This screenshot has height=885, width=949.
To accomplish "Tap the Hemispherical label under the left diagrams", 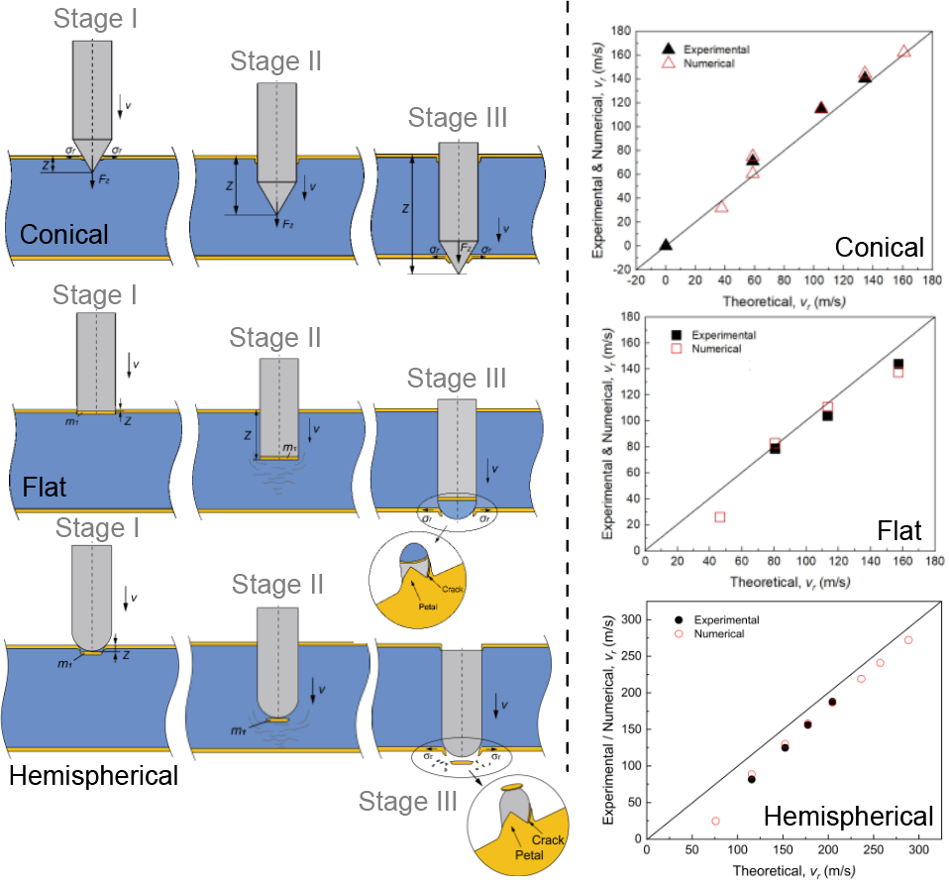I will point(93,775).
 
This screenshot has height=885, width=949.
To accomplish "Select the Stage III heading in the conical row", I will point(458,119).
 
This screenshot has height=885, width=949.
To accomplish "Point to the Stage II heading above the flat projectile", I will point(275,337).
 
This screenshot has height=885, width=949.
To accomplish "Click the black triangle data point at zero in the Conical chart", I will point(666,244).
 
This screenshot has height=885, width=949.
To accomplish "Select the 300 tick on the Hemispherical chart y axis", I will point(626,619).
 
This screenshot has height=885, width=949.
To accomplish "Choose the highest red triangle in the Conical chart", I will point(903,51).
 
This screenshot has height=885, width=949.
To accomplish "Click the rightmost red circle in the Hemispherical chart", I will point(908,640).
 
